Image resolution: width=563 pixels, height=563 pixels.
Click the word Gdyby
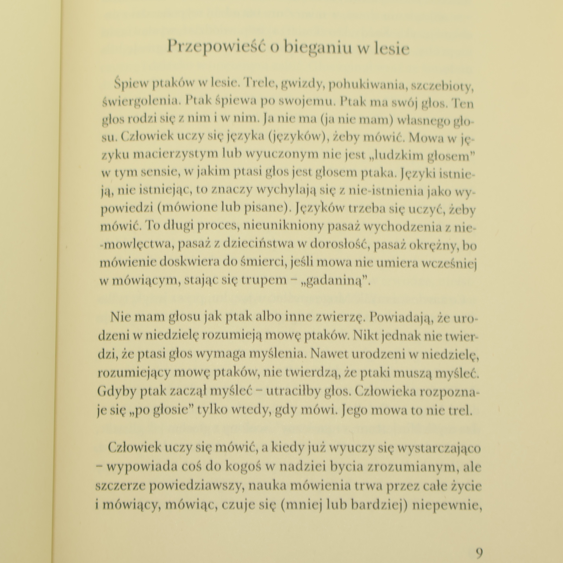[116, 392]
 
